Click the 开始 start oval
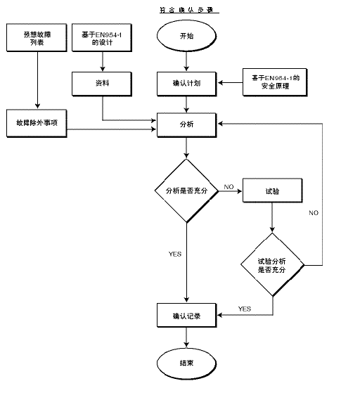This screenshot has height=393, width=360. click(x=186, y=36)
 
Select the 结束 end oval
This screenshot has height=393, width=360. click(x=186, y=363)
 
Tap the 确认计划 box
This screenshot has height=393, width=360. click(x=186, y=83)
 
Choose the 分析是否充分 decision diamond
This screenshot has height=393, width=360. click(x=186, y=190)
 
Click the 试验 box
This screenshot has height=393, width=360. click(x=271, y=190)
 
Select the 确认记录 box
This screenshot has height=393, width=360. click(x=186, y=316)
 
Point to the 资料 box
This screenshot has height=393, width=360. click(x=103, y=83)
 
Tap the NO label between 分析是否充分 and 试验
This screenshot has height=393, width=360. click(x=229, y=186)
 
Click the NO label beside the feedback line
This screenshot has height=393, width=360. click(x=314, y=212)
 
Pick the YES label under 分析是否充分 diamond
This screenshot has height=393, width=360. click(x=175, y=253)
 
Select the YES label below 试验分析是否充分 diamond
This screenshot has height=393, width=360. click(x=245, y=309)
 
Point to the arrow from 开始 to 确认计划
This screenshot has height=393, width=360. click(x=186, y=62)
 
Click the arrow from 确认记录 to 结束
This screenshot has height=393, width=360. click(x=186, y=339)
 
